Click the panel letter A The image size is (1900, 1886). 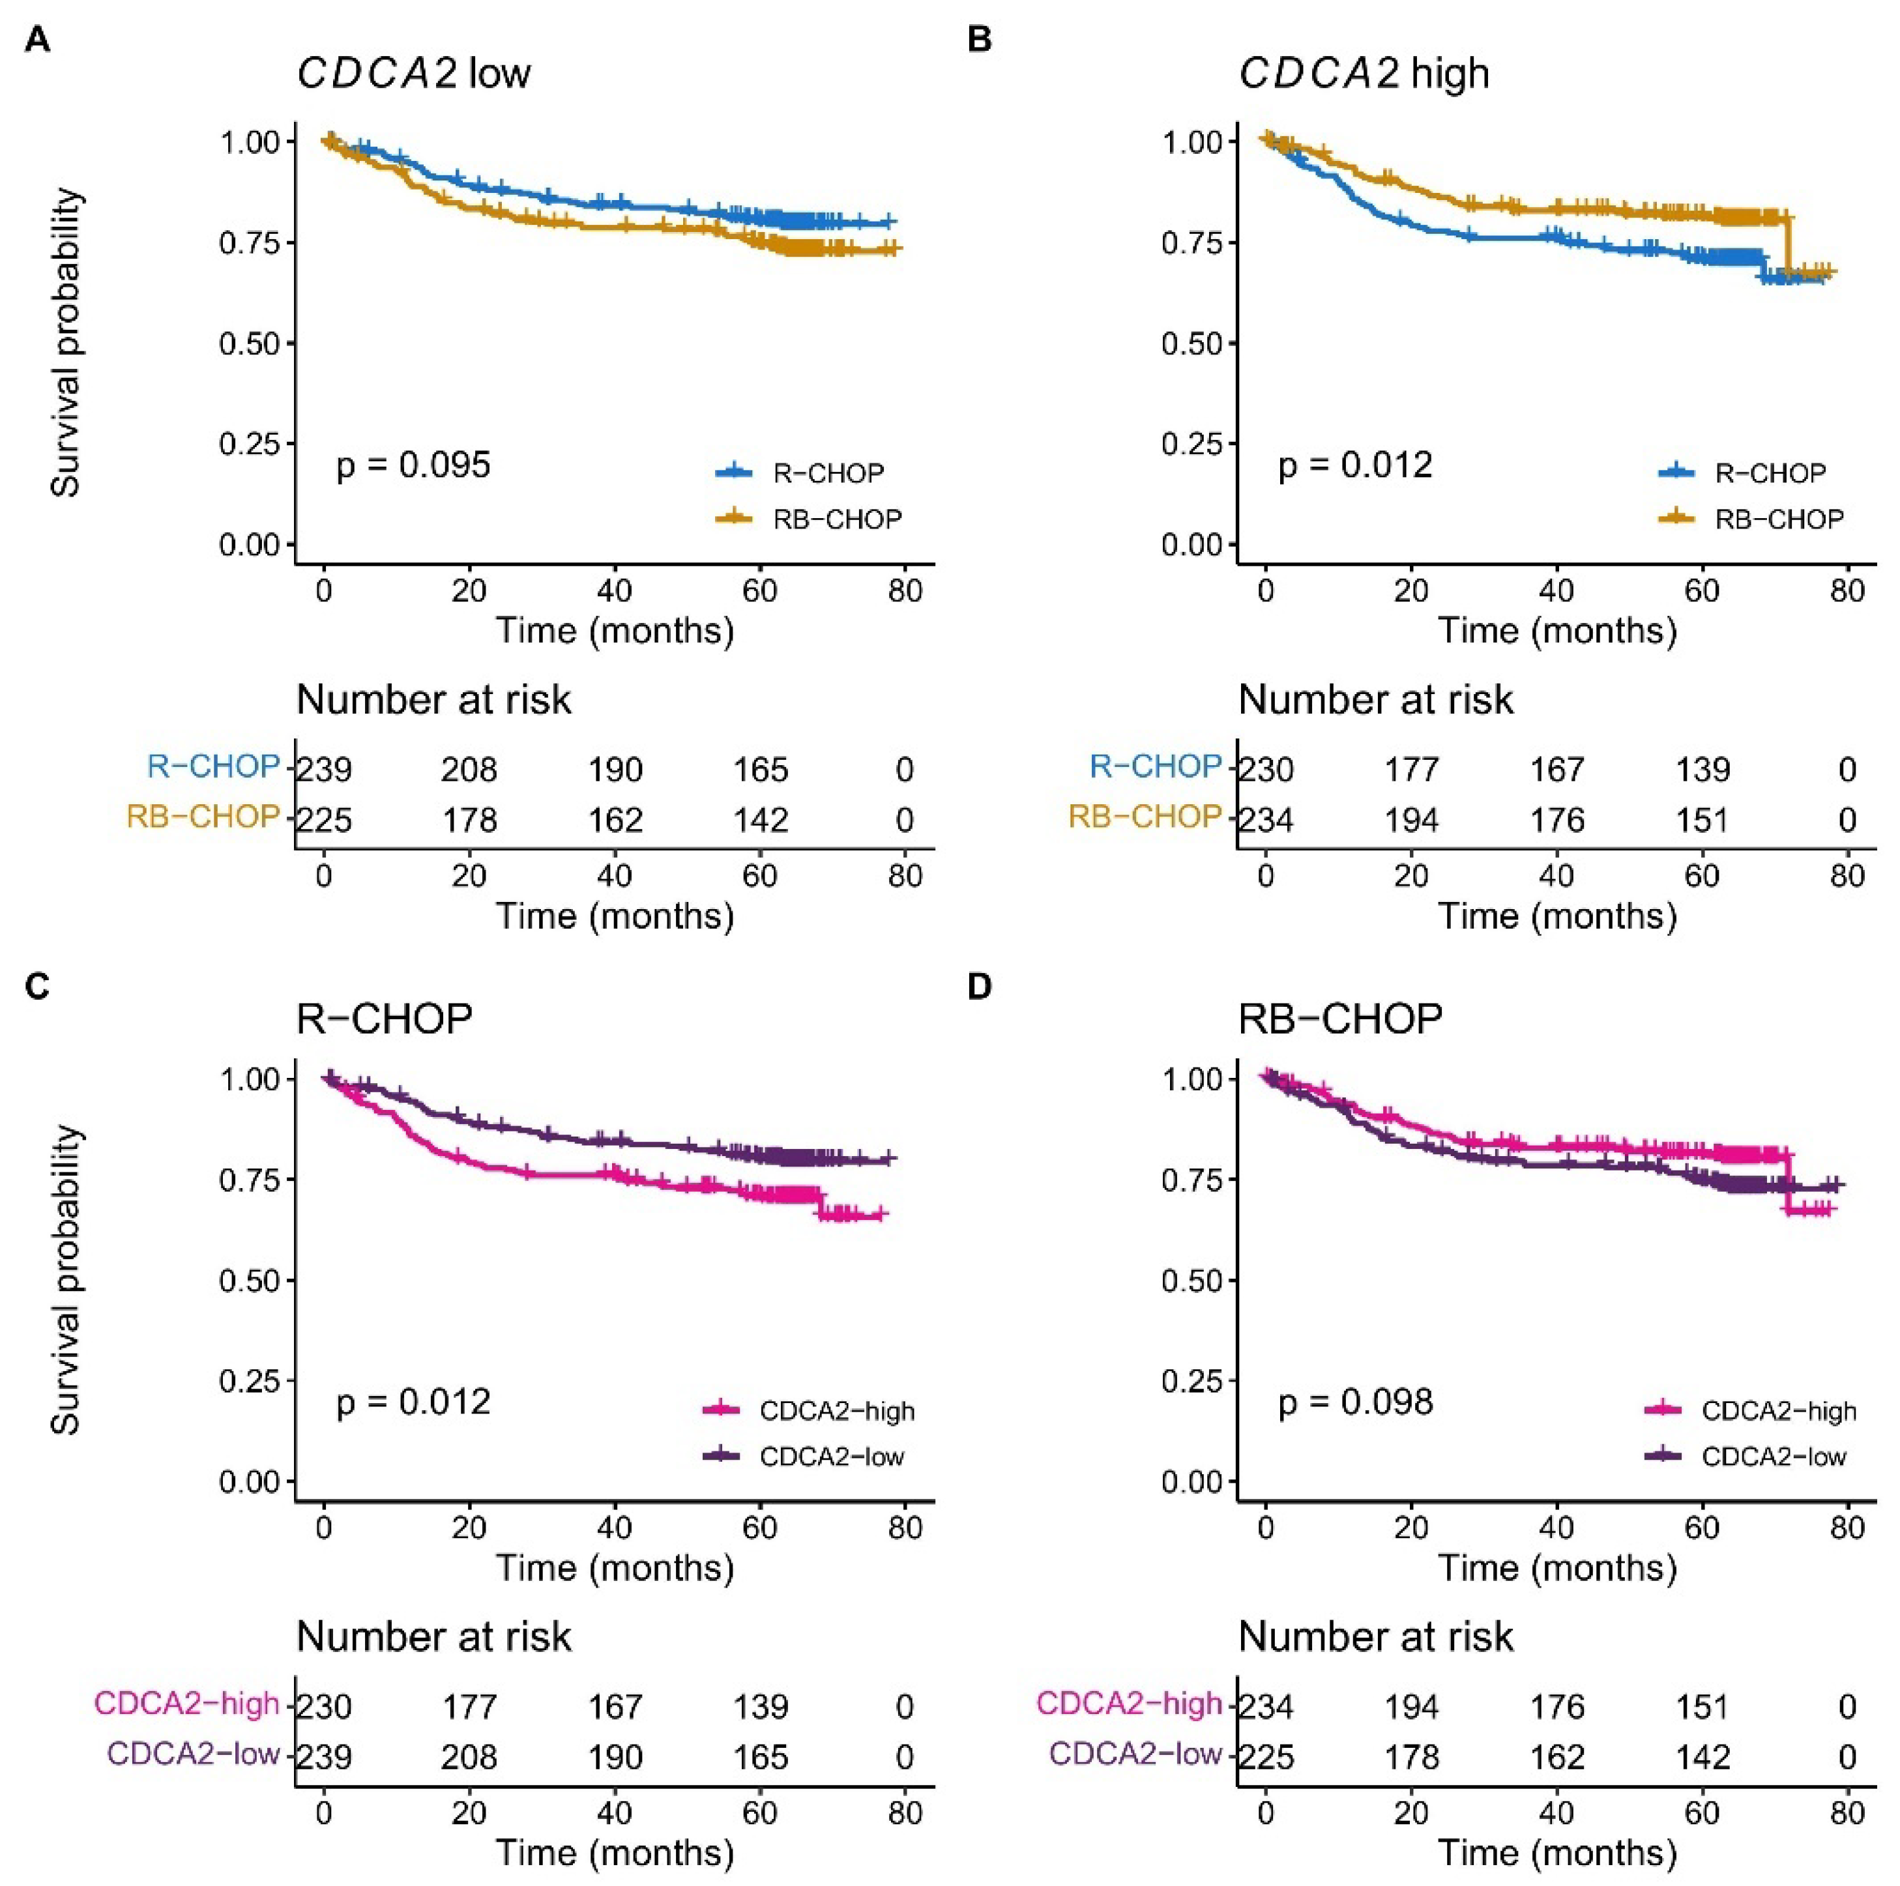(x=37, y=40)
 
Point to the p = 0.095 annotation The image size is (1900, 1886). (x=413, y=465)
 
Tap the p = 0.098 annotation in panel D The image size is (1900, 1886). (x=1355, y=1402)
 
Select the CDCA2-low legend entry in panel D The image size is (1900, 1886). (x=1773, y=1457)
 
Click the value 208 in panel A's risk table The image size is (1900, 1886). (x=469, y=769)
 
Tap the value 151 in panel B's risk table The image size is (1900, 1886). (x=1703, y=820)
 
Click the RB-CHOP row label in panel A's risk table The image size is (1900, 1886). (x=203, y=817)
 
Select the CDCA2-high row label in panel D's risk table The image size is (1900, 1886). (x=1129, y=1704)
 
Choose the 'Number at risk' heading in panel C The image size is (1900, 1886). (x=433, y=1637)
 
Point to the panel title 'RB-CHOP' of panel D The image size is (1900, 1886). (x=1339, y=1020)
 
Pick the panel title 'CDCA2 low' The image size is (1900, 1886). (x=414, y=74)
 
